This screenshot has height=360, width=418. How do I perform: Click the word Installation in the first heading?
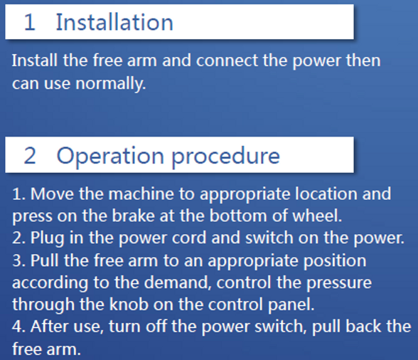(x=114, y=22)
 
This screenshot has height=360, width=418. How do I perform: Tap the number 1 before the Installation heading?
(x=29, y=22)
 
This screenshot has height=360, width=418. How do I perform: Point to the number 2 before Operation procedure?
(x=29, y=156)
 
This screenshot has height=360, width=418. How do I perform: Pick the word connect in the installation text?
(x=225, y=60)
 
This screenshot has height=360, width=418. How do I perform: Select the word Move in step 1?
(x=49, y=194)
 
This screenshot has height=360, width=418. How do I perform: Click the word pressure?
(x=338, y=282)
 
